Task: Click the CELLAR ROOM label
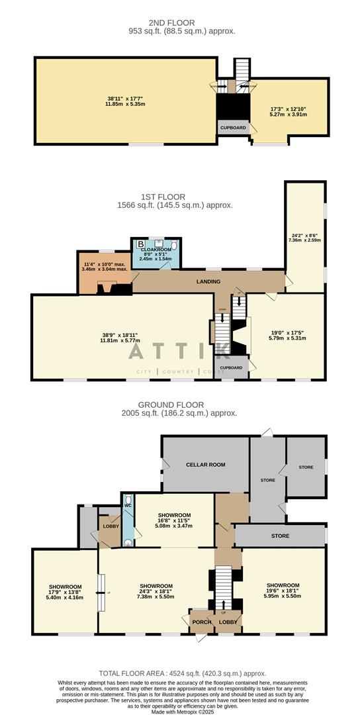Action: point(206,465)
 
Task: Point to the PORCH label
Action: point(201,622)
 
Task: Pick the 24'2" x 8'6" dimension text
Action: point(305,236)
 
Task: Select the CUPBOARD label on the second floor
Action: point(233,128)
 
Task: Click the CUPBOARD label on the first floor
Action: point(231,367)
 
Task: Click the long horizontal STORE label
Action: point(279,536)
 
